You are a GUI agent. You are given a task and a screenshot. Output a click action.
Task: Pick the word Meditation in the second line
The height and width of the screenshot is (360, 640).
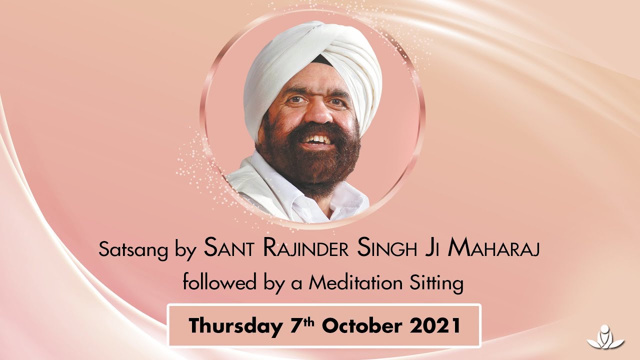355,283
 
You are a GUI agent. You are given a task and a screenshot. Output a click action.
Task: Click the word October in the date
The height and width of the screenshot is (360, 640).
361,325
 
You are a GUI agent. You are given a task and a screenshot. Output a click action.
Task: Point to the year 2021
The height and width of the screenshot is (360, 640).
435,325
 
